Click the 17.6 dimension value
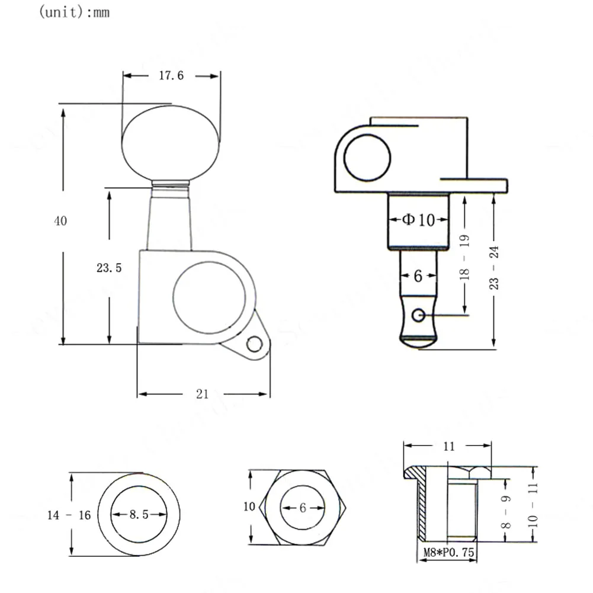click(171, 76)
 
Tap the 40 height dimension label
click(60, 221)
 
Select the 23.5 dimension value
click(109, 268)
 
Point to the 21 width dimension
click(203, 394)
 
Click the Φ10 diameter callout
click(418, 220)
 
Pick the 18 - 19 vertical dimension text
click(464, 257)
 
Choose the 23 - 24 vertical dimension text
click(494, 268)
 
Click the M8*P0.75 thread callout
click(448, 552)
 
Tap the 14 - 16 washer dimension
click(69, 515)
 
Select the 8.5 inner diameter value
click(139, 514)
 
